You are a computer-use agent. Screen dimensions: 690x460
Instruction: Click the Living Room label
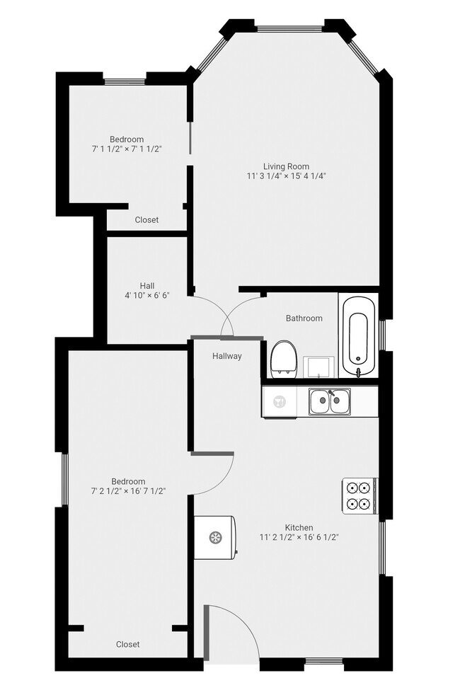(287, 166)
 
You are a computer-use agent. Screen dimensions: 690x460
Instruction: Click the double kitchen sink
(329, 402)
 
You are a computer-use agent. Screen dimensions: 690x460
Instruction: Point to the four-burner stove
(358, 495)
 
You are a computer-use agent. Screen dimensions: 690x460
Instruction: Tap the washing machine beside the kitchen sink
(280, 402)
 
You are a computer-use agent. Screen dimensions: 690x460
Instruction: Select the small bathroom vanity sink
(316, 367)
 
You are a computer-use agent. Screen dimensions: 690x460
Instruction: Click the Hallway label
(227, 356)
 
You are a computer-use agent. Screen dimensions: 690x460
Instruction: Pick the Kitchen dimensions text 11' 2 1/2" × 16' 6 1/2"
(309, 537)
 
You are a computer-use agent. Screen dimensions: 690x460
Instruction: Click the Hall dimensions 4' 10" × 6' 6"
(146, 295)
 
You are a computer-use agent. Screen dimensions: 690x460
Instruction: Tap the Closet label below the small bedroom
(146, 220)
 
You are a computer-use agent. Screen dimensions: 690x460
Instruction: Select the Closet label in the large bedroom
(127, 644)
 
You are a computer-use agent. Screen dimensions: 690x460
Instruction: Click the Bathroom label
(304, 318)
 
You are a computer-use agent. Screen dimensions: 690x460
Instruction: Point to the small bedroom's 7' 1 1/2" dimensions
(127, 149)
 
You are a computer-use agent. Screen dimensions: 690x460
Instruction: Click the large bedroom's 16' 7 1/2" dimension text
(127, 490)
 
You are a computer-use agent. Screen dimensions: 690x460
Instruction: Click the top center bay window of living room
(290, 28)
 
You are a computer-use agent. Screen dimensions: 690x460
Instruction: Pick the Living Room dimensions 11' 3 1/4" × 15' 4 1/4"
(287, 176)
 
